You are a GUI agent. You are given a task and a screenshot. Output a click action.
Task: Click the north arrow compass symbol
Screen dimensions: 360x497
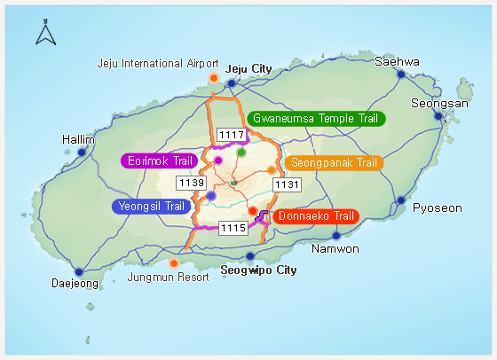(45, 35)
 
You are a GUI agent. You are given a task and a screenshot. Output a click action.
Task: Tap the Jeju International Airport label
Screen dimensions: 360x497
(158, 64)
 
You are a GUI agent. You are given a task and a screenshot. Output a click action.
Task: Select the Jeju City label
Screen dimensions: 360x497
(248, 68)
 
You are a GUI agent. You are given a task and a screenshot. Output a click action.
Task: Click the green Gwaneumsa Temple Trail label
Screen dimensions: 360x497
(315, 118)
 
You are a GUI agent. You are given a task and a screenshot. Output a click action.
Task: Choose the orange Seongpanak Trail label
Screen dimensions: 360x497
(332, 162)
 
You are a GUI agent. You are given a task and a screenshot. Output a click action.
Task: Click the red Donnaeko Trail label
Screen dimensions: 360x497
(315, 215)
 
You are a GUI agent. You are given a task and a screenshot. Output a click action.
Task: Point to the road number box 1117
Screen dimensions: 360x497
(231, 135)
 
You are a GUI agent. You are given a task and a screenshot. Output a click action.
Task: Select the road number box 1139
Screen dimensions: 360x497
(192, 183)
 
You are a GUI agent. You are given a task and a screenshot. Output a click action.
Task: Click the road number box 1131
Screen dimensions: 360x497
(287, 184)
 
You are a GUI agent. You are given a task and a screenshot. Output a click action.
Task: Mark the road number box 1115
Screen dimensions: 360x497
(233, 228)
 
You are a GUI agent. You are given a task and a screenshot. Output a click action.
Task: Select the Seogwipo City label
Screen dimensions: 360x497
(257, 270)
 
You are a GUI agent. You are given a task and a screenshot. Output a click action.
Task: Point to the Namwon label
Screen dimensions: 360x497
(335, 248)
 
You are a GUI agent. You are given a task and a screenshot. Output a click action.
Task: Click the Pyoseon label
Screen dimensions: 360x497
(438, 208)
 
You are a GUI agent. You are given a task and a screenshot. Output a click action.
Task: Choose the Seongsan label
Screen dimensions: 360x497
(439, 104)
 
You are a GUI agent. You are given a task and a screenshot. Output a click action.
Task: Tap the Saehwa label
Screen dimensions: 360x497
(397, 62)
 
